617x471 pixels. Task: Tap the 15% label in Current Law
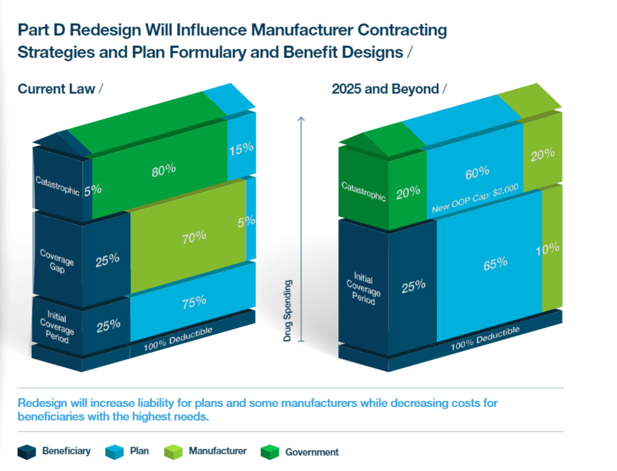(241, 149)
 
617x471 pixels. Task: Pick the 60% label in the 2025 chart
(477, 172)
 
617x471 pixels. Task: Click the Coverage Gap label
(57, 260)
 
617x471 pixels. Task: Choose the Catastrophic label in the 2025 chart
(364, 191)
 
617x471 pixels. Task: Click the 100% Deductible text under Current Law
(178, 339)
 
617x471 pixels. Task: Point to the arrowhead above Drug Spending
(301, 118)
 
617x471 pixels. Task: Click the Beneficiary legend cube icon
(27, 452)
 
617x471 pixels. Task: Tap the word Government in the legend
(312, 452)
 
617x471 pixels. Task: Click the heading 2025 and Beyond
(385, 89)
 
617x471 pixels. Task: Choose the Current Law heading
(57, 89)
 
